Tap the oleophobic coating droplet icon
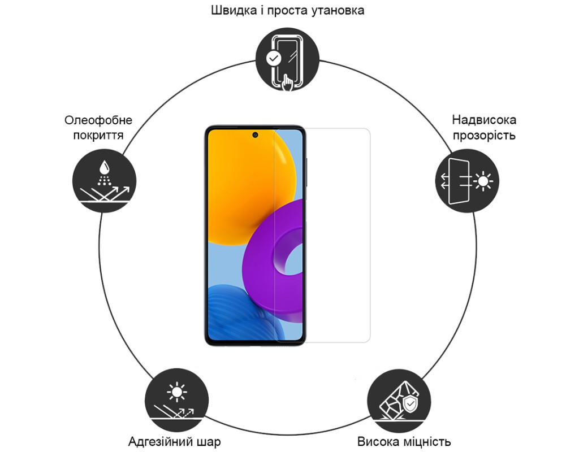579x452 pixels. click(x=104, y=181)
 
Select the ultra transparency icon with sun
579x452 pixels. click(x=466, y=181)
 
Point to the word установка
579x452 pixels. click(x=338, y=11)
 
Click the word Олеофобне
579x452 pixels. click(x=98, y=120)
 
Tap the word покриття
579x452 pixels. click(x=98, y=136)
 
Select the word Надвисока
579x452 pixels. click(x=484, y=120)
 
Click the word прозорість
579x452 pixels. click(x=484, y=136)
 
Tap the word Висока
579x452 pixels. click(x=377, y=441)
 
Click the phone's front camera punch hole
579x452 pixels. click(x=255, y=135)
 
